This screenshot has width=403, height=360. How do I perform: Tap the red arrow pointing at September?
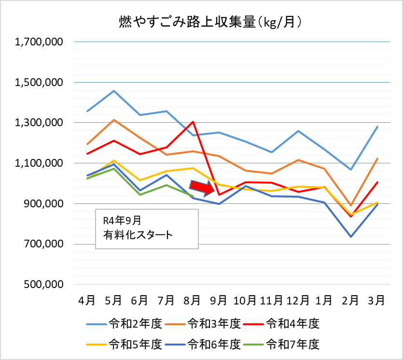tap(202, 188)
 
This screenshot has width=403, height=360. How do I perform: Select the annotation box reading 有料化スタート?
tap(147, 229)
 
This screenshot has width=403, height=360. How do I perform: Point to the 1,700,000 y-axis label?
tap(40, 42)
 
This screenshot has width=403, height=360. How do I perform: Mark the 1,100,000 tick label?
tap(40, 163)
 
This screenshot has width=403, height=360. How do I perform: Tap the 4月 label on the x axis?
tap(87, 300)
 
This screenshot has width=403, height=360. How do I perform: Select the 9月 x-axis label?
tap(219, 300)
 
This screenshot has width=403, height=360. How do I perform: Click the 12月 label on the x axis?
tap(297, 300)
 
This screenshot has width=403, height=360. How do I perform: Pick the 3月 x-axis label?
tap(376, 300)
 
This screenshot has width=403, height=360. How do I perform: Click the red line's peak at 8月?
tap(193, 122)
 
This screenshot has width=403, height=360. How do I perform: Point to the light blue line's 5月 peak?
tap(113, 91)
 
